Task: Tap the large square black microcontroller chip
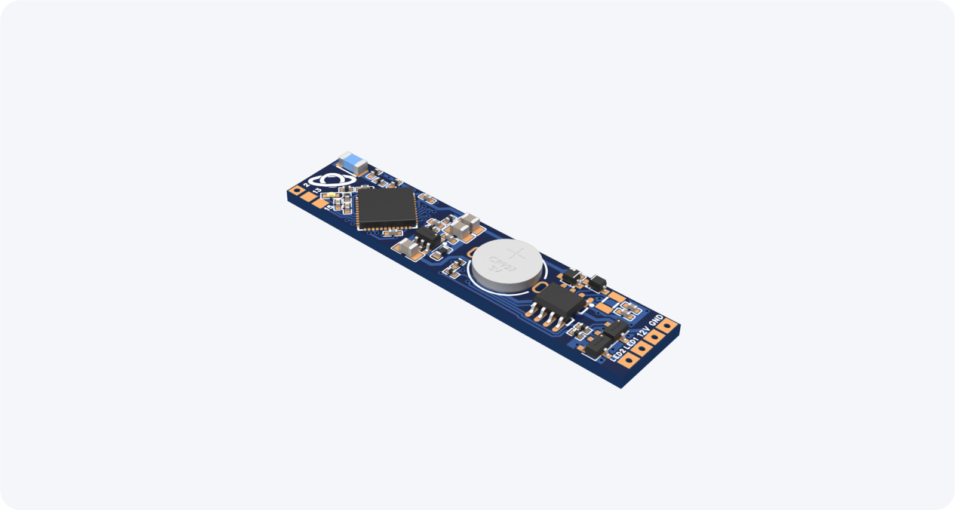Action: (x=386, y=208)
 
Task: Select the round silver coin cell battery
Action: (x=507, y=267)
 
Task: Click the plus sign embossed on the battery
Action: (x=516, y=253)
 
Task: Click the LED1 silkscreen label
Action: (x=631, y=343)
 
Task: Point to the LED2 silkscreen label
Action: (x=618, y=355)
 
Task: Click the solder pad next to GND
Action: (x=667, y=325)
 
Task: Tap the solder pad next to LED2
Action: (x=628, y=360)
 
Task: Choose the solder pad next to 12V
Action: (x=654, y=337)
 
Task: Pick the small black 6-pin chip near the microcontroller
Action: (x=426, y=239)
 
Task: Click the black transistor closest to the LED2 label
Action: (x=598, y=346)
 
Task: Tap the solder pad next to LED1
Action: (x=641, y=348)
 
